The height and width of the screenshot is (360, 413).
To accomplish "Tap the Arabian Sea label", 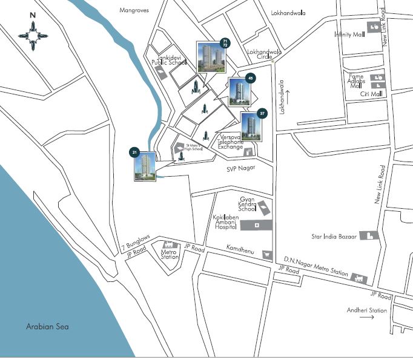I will point(47,327).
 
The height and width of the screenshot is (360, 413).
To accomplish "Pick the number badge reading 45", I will point(250,77).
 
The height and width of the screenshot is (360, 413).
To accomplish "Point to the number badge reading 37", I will point(262,113).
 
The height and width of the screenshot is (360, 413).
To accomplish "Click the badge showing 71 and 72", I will point(225,42).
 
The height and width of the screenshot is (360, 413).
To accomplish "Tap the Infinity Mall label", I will point(349,34).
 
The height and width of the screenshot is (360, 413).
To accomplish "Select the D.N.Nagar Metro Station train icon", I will point(359,278).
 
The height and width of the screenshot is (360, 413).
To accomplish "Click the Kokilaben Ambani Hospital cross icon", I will point(257,226).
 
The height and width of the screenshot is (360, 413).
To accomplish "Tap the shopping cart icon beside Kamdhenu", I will point(265,255).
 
